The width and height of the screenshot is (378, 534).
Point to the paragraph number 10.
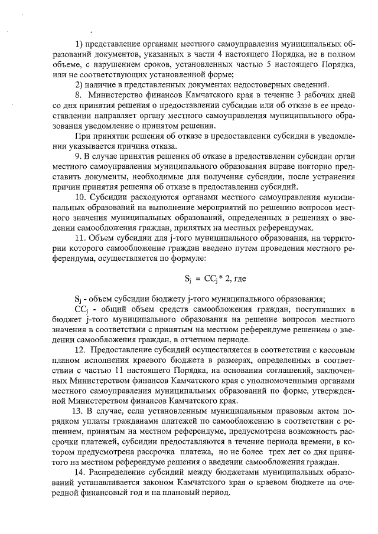tap(80, 197)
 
